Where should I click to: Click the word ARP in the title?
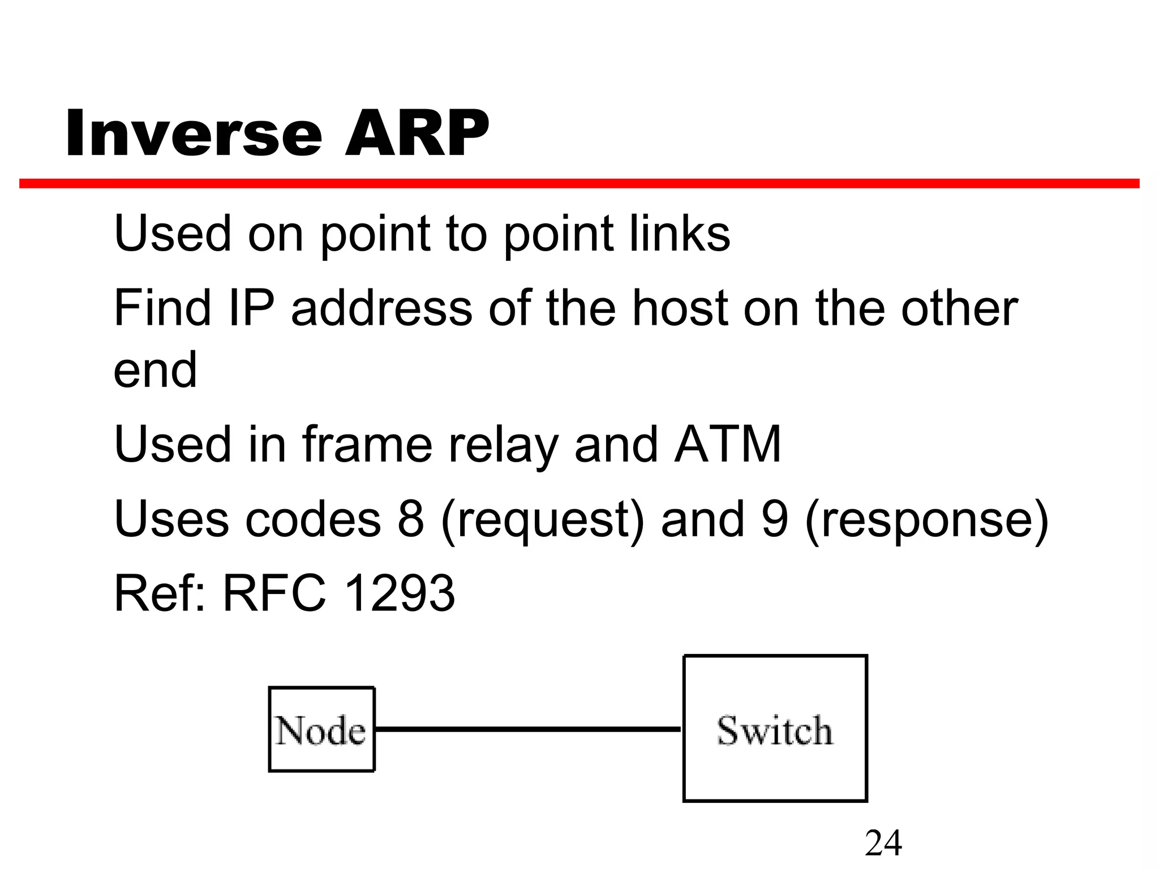coord(417,134)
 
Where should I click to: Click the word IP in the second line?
coord(251,308)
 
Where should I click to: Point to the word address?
coord(381,308)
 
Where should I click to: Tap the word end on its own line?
coord(155,370)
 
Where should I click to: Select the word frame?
coord(367,445)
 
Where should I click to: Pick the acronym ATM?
coord(728,445)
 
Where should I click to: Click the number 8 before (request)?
coord(411,519)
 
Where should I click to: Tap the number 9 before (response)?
coord(775,519)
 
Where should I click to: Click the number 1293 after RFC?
coord(399,593)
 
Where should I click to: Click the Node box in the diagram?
coord(321,729)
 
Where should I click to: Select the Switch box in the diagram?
coord(775,729)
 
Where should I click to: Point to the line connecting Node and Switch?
coord(528,729)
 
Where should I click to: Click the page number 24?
coord(883,843)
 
